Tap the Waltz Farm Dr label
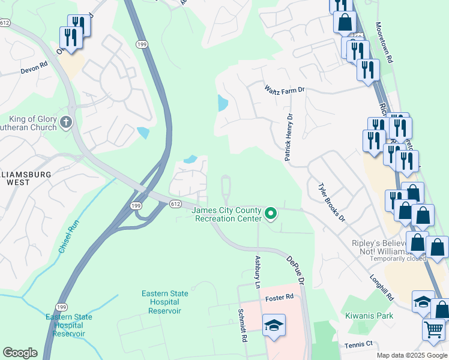click(285, 89)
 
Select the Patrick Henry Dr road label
click(289, 137)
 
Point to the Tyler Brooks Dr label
click(332, 202)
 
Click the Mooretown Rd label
click(384, 43)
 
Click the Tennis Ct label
click(358, 344)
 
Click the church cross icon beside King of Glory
click(66, 123)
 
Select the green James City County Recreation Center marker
click(271, 212)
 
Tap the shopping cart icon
click(433, 328)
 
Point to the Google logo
click(20, 353)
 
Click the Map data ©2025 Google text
click(411, 355)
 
